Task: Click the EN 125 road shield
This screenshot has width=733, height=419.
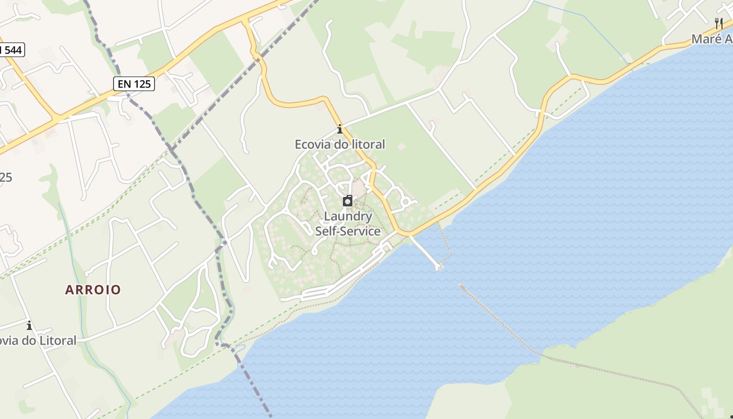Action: (134, 83)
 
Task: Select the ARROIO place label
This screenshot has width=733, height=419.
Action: (93, 290)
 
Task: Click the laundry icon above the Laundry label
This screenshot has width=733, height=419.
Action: (348, 201)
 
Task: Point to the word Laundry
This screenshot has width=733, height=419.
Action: (348, 216)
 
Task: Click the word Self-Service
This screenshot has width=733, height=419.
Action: (348, 231)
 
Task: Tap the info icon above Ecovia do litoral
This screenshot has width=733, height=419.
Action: (340, 129)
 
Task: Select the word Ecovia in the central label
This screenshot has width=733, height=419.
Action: (312, 144)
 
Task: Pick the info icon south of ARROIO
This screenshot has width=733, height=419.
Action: (29, 325)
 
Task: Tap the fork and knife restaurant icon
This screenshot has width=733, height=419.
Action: (719, 24)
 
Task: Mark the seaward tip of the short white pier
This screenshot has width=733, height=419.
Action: (439, 268)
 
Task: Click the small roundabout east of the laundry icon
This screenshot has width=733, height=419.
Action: (405, 201)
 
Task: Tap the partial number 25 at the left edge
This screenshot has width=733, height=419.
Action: (5, 177)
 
